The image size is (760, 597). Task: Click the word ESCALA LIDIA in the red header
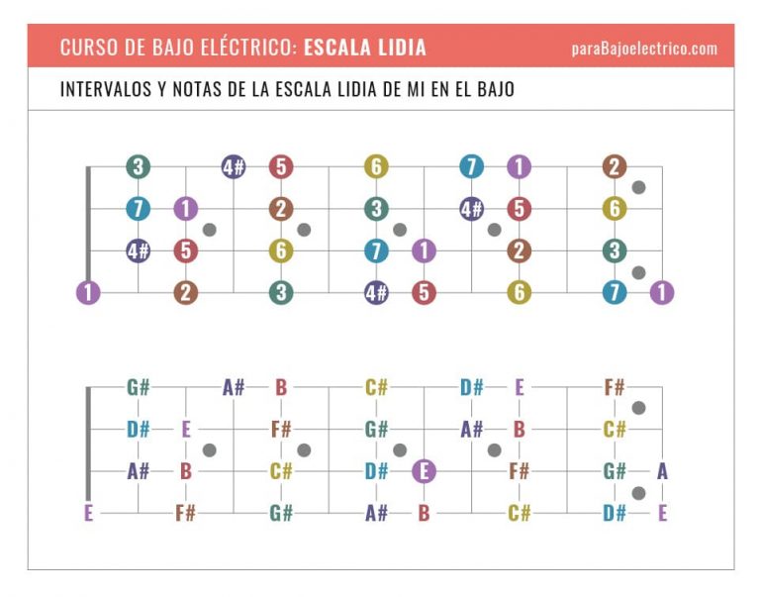(365, 48)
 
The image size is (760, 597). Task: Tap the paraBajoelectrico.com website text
(644, 49)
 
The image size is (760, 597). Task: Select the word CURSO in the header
(85, 48)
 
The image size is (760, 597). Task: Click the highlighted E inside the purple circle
(424, 471)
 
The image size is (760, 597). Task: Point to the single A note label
(662, 471)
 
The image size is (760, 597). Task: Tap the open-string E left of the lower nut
(89, 513)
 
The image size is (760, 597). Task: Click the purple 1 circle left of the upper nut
(89, 292)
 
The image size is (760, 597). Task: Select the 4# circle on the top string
(234, 167)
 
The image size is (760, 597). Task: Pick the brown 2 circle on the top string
(614, 167)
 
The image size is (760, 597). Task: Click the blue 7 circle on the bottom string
(615, 292)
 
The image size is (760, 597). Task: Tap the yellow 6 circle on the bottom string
(520, 292)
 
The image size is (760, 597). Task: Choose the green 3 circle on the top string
(139, 167)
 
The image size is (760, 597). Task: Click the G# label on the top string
(139, 387)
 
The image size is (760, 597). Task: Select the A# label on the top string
(234, 387)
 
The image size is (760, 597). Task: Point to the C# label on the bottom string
(520, 513)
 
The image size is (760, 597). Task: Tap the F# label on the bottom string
(186, 513)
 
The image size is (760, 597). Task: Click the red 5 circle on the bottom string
(424, 292)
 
